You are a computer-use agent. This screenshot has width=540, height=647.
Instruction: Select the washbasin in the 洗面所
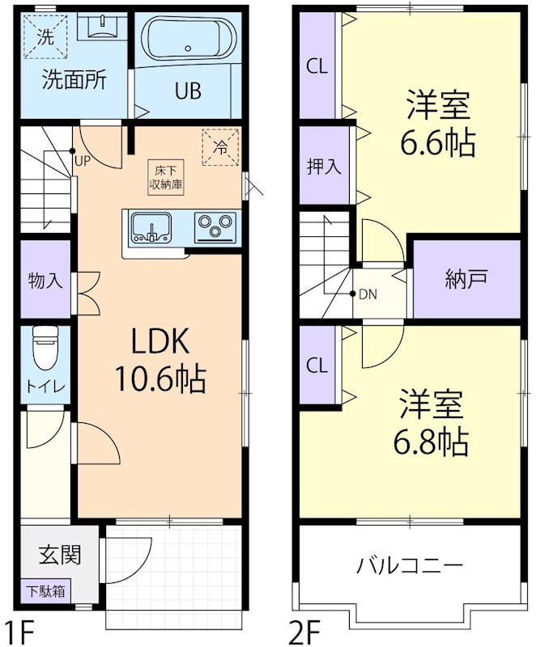click(100, 28)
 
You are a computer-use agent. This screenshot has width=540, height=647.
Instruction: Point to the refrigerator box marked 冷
click(219, 146)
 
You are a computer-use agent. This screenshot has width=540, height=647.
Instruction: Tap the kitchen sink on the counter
click(150, 226)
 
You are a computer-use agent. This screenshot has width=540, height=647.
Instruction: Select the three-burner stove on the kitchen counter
click(215, 225)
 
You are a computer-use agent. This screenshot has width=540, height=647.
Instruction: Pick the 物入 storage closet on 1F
click(45, 281)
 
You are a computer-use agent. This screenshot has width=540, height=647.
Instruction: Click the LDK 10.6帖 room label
click(161, 359)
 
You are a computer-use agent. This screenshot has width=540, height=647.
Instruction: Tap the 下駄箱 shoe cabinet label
click(45, 591)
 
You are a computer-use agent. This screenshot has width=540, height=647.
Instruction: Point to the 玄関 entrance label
click(59, 556)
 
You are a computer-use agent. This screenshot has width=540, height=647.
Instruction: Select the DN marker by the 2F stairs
click(367, 294)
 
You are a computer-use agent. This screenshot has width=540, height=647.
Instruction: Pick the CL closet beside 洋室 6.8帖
click(317, 365)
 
